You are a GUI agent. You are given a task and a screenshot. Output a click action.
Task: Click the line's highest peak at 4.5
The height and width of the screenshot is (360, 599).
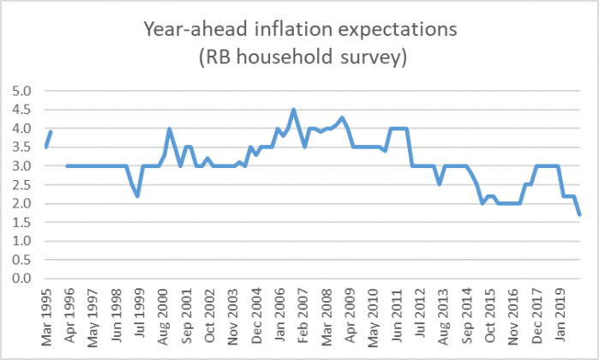pos(294,110)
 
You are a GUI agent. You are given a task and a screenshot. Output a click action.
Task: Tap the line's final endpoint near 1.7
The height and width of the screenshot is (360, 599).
pos(580,214)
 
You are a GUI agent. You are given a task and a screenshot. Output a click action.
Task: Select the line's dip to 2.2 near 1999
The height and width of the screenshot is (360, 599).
pos(137,196)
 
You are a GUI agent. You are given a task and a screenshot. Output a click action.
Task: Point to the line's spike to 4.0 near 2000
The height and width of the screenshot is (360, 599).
pos(170,129)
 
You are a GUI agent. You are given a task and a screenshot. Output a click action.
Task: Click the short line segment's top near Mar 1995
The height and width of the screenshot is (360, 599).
pos(51,132)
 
